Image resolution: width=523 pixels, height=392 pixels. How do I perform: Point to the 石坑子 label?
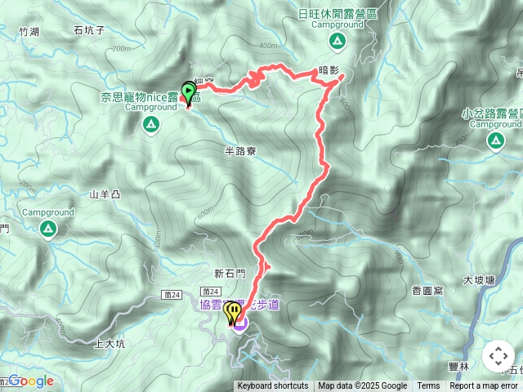point(89,31)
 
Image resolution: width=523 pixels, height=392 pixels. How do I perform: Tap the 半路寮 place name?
point(240,150)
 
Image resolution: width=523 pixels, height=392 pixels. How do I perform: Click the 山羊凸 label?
point(105,194)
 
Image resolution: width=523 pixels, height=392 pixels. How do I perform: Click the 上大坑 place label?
point(111,344)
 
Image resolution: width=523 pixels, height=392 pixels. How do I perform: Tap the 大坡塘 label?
point(479,280)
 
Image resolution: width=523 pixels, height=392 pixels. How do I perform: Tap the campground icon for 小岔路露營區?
point(495,141)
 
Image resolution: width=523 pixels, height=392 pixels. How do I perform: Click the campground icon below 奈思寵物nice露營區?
point(150,125)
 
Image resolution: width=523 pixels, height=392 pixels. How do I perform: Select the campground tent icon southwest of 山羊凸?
point(48,229)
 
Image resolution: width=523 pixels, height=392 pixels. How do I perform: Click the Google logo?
point(30,381)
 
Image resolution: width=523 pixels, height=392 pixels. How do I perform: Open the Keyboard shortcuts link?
point(273,386)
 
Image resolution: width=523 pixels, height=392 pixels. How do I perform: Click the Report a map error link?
point(484,386)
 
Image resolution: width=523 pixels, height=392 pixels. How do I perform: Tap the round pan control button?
point(498,356)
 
